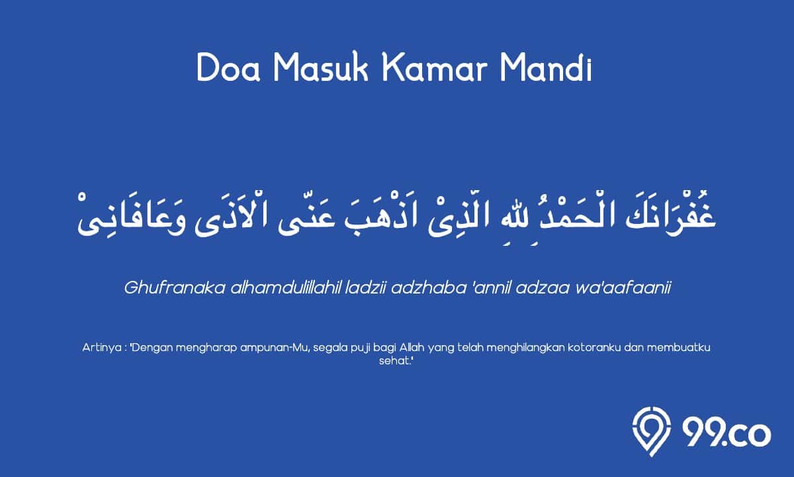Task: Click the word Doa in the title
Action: pyautogui.click(x=229, y=68)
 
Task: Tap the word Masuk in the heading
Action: pyautogui.click(x=321, y=68)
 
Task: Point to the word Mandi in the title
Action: pyautogui.click(x=546, y=68)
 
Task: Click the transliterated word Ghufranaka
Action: pyautogui.click(x=175, y=288)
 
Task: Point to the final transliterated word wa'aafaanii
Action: pyautogui.click(x=623, y=288)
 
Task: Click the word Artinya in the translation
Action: pyautogui.click(x=102, y=347)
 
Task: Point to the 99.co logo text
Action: pyautogui.click(x=727, y=434)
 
